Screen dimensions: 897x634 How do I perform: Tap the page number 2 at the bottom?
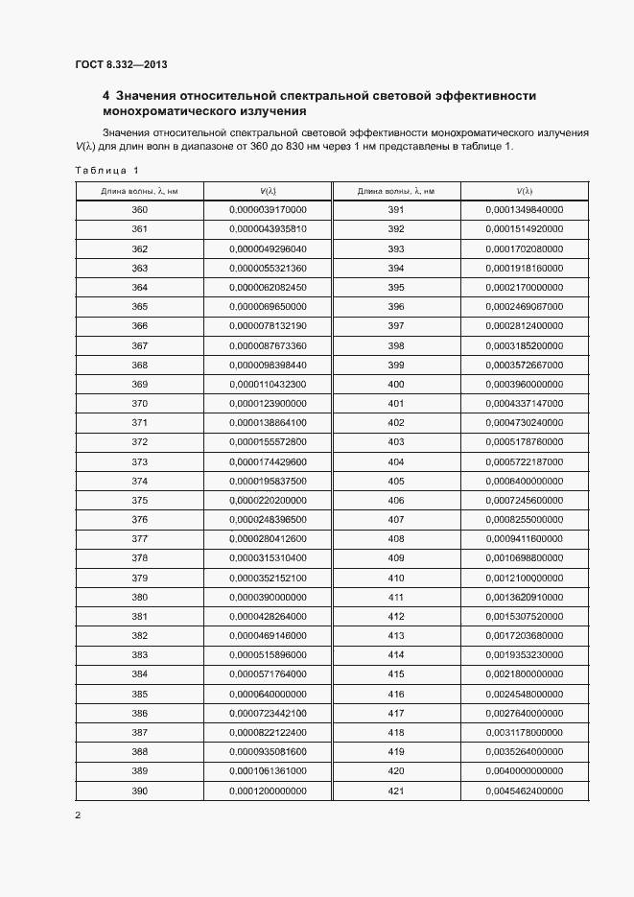78,815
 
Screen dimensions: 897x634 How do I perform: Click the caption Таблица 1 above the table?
106,171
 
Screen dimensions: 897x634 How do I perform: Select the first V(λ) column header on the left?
268,191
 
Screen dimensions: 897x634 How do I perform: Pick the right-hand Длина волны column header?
395,191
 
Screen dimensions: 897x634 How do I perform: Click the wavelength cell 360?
140,210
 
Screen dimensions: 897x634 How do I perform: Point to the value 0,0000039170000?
268,210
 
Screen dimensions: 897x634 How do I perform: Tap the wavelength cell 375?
140,500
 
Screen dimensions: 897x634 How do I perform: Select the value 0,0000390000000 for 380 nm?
268,597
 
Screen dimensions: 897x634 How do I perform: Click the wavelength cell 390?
140,791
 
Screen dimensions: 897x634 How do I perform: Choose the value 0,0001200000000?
268,791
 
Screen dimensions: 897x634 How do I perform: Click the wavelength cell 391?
395,210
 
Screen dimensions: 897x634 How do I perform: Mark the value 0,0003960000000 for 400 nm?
524,384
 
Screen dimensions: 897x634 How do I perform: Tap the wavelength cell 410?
395,578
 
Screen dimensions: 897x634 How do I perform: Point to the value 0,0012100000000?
524,578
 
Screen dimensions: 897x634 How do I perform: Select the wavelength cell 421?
395,791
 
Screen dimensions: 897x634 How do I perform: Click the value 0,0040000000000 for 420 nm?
524,771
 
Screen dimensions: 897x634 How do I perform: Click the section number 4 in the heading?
106,96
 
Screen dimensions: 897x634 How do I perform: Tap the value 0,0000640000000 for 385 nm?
268,694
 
